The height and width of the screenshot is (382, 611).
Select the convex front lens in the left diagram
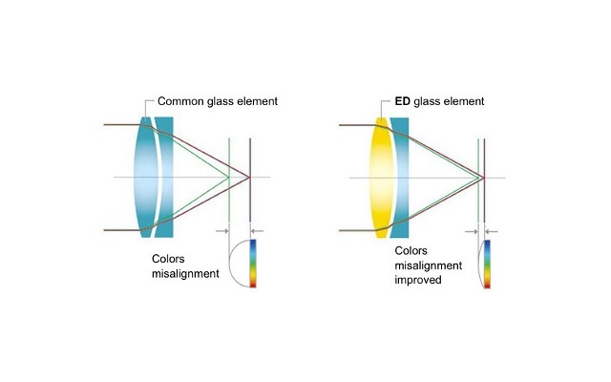point(142,178)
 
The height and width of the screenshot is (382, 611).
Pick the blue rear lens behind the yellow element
point(400,178)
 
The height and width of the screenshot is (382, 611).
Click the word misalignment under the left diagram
point(185,273)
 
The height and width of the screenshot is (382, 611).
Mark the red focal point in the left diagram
point(249,178)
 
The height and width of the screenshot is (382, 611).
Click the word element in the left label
point(257,101)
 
